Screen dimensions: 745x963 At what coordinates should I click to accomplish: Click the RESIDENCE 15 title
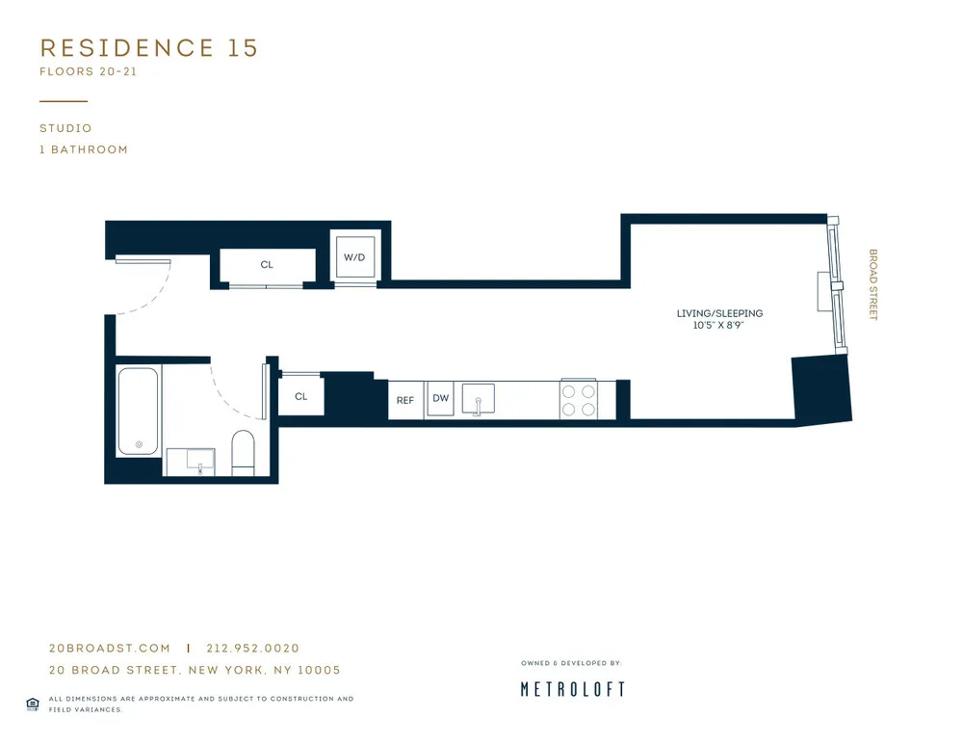click(x=149, y=48)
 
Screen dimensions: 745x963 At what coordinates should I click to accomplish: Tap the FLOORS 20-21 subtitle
click(x=90, y=72)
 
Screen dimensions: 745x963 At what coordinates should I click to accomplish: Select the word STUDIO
click(x=65, y=128)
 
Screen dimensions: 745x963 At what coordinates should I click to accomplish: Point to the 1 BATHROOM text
click(x=84, y=149)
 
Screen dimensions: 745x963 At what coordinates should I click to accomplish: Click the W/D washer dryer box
click(x=354, y=257)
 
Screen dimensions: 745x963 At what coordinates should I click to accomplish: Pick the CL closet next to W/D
click(x=267, y=264)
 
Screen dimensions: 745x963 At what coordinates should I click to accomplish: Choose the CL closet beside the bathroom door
click(x=301, y=396)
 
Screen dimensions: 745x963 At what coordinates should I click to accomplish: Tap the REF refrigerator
click(x=405, y=400)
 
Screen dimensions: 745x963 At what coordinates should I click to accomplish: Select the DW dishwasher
click(x=440, y=399)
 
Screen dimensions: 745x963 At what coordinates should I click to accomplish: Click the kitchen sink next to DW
click(x=478, y=399)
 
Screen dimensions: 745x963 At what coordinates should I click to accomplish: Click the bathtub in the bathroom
click(x=139, y=412)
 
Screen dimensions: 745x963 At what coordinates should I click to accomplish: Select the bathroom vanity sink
click(x=198, y=463)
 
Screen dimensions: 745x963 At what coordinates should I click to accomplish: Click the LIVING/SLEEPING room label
click(x=719, y=313)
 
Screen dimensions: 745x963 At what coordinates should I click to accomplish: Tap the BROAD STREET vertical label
click(x=873, y=285)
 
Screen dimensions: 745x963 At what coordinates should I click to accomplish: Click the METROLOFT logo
click(x=573, y=689)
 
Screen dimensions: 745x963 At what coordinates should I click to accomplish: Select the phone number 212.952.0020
click(x=252, y=649)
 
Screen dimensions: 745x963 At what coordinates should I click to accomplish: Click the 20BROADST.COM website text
click(x=109, y=649)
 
